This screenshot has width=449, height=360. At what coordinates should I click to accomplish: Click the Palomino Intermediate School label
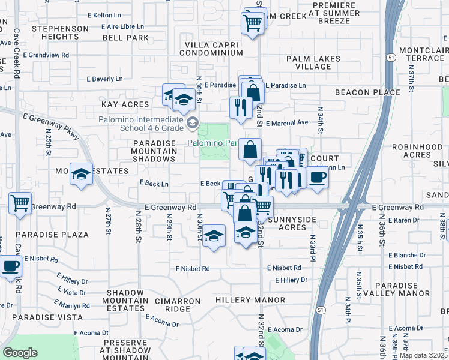(x=142, y=124)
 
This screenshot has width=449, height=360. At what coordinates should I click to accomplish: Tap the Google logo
(x=20, y=353)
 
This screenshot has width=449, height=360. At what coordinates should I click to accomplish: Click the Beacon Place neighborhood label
(x=367, y=92)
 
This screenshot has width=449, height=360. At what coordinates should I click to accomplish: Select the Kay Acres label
(x=125, y=104)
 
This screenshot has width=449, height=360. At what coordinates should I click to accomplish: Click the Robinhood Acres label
(x=411, y=151)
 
